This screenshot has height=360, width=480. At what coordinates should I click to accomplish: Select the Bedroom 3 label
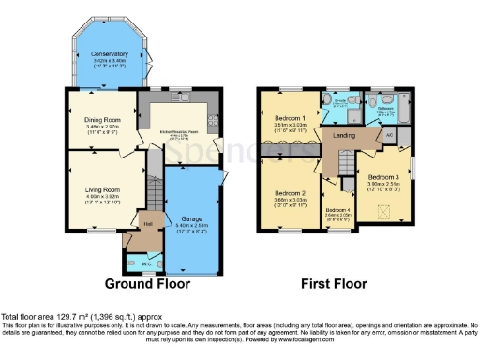(383, 177)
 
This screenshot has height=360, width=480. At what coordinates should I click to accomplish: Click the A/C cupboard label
(388, 135)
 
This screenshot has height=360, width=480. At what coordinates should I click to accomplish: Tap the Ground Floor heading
(147, 282)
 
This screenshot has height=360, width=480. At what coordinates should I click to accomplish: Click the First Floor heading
(334, 282)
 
